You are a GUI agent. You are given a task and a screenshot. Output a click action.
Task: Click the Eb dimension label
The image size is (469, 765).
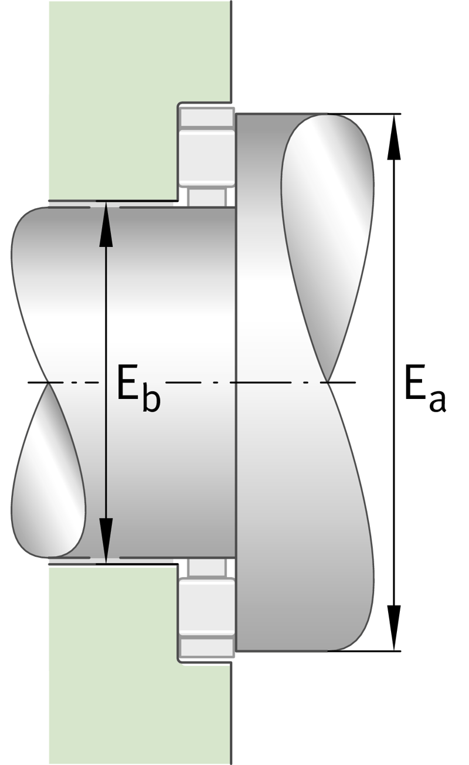coord(138,388)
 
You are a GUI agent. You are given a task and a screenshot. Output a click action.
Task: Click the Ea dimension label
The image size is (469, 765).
coord(425,388)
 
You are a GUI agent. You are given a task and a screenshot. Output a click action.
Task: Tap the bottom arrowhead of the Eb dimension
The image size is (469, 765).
coord(106,540)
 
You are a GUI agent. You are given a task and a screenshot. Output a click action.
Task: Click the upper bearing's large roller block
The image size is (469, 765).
coord(207,158)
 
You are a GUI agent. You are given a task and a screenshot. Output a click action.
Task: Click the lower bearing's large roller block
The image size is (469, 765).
coord(207,607)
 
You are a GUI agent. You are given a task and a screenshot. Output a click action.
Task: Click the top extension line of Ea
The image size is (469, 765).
coord(364,114)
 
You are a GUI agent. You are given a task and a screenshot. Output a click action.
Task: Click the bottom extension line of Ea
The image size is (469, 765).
coord(364,651)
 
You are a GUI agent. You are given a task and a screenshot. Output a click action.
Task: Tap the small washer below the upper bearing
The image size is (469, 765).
coord(207,197)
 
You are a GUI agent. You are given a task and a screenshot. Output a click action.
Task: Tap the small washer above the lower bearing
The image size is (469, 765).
coord(207,568)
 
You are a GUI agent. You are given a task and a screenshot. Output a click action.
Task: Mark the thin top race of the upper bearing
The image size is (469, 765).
coord(207,118)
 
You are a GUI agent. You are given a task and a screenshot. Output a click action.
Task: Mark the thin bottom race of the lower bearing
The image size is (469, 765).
coord(207,646)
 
